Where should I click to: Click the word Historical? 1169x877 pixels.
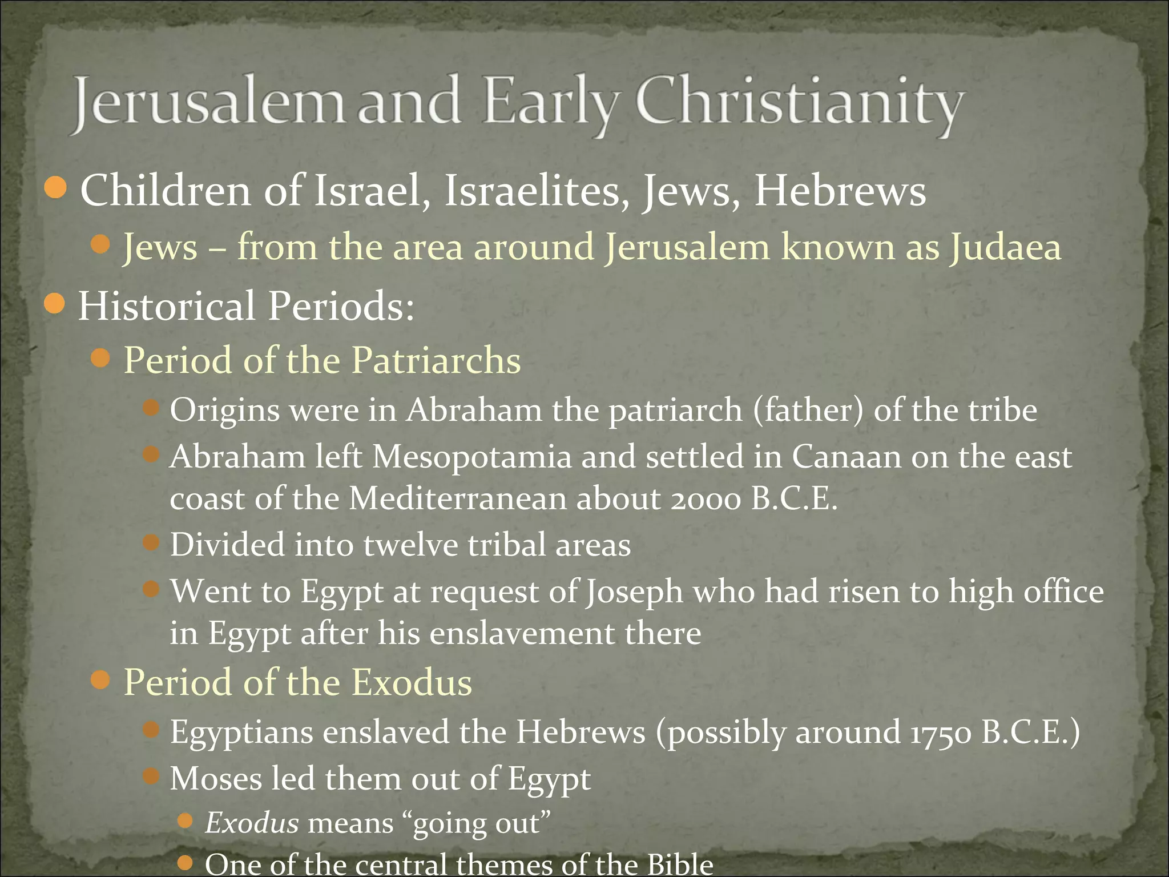[166, 306]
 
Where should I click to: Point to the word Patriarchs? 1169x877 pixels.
[436, 360]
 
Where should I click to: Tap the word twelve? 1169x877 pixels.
[410, 545]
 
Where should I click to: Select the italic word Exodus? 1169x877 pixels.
[252, 823]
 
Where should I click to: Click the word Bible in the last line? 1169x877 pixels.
[680, 865]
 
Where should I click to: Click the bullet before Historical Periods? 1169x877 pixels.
[55, 303]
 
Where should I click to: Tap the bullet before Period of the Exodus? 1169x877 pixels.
[100, 680]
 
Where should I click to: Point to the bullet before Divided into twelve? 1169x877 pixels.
[151, 542]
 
